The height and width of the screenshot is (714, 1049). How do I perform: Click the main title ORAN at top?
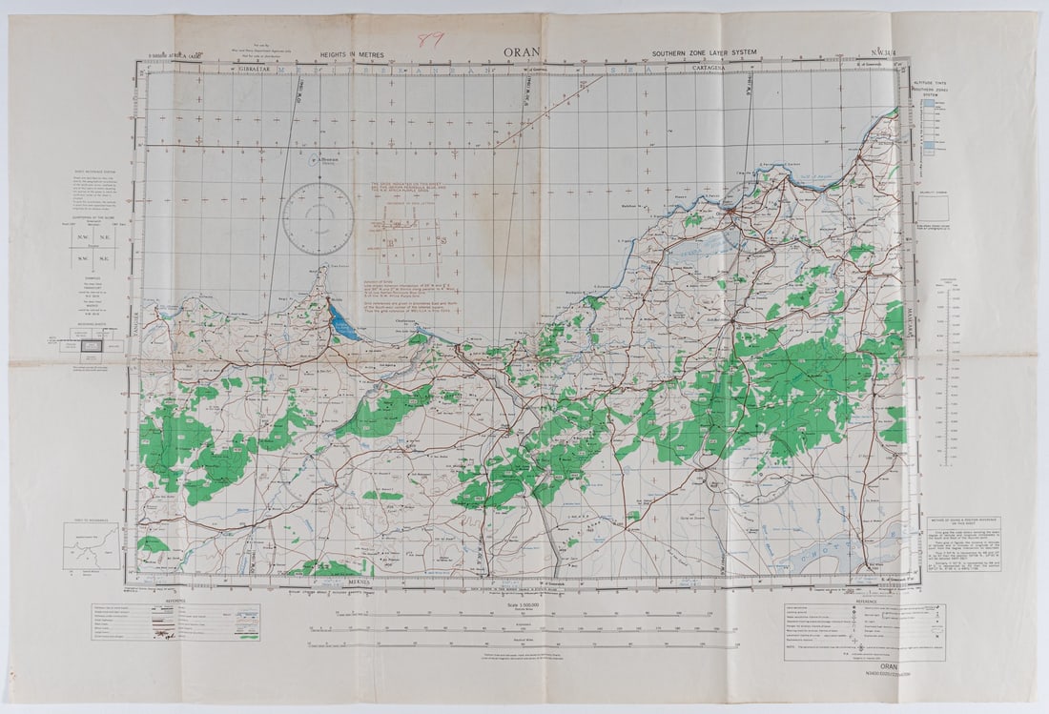(524, 53)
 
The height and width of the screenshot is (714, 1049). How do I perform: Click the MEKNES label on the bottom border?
(358, 580)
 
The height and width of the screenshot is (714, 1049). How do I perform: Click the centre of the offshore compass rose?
(318, 218)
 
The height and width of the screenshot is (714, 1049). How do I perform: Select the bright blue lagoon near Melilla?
(341, 323)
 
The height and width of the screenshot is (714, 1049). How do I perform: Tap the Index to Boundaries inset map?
(92, 545)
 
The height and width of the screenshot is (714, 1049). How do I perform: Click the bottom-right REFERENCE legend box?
(864, 629)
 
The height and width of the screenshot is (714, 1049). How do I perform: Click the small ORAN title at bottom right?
(890, 666)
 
